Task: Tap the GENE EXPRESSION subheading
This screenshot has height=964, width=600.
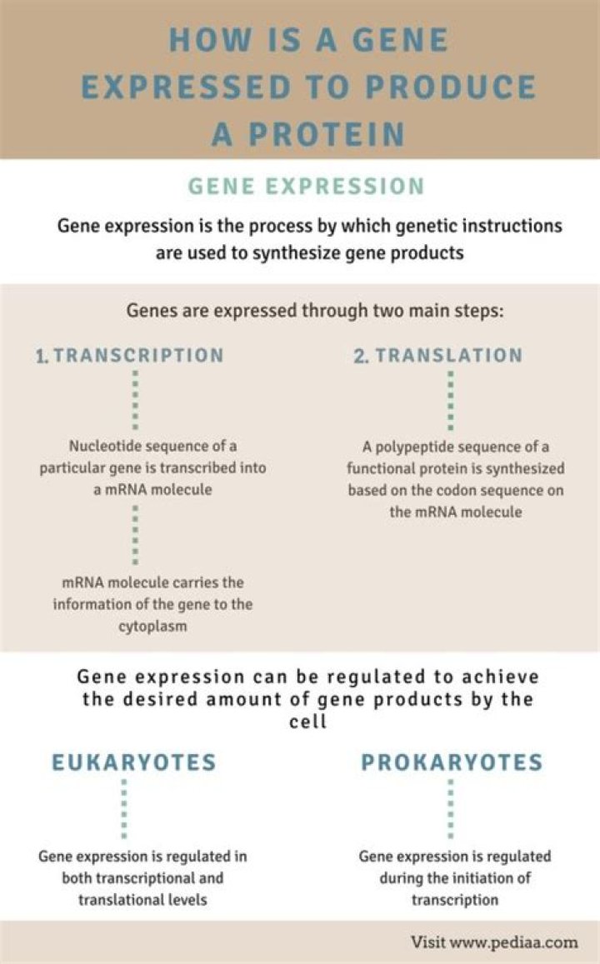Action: click(306, 187)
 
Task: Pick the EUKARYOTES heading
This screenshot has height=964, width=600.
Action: click(134, 762)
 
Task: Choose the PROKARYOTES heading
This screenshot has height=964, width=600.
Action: click(452, 762)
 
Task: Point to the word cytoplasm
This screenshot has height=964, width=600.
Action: click(152, 627)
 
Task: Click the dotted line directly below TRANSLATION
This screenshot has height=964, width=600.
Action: click(451, 400)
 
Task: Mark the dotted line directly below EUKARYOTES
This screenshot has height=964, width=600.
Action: click(124, 809)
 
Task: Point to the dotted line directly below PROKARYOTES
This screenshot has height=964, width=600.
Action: click(451, 809)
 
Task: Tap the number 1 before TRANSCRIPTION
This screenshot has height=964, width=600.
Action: click(41, 356)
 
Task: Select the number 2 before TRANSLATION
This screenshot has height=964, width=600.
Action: click(361, 356)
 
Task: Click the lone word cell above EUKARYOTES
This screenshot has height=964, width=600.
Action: click(308, 722)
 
